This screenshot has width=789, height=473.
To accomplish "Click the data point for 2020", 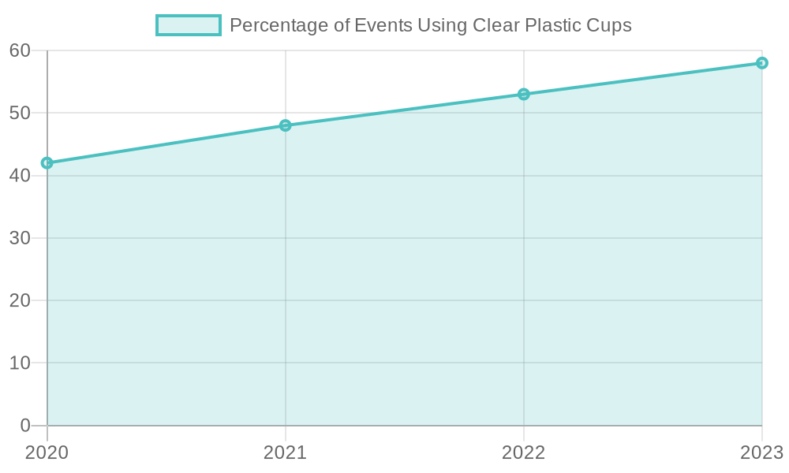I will [47, 163].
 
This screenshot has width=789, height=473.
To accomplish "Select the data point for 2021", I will [285, 125].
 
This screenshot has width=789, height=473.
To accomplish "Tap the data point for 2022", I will [523, 95].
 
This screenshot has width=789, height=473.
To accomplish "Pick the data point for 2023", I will [761, 63].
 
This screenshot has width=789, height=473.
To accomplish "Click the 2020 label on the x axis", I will [47, 453].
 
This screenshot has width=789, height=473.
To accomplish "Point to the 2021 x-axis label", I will [285, 453].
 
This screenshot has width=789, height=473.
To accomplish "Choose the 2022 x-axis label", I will [523, 453].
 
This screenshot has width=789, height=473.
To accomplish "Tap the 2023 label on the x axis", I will [761, 453].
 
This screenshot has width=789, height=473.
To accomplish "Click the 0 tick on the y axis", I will [24, 426].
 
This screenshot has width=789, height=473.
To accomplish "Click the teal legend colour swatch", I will [188, 25].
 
